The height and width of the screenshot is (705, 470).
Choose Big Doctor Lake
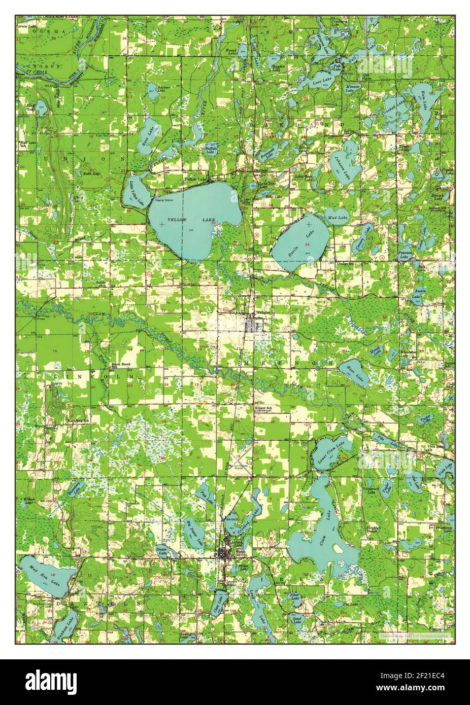193,530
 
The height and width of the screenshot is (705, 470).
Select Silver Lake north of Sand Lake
295,597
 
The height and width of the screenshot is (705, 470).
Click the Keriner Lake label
163,89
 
